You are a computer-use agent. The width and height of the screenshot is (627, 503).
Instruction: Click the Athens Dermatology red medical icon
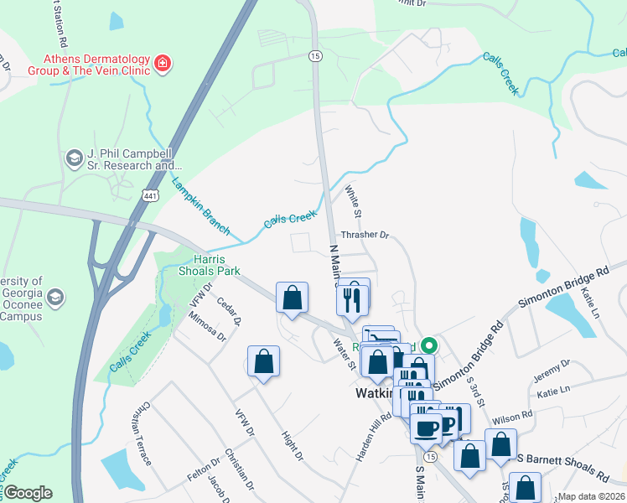point(162,62)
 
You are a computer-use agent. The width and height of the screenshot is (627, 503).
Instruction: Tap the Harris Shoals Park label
point(205,265)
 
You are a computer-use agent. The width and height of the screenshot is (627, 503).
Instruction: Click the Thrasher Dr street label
point(365,236)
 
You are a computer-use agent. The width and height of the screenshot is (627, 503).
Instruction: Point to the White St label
point(352,203)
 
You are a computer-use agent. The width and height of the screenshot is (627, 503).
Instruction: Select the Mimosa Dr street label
point(209,326)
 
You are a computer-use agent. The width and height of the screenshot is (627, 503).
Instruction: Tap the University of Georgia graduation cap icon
point(56,297)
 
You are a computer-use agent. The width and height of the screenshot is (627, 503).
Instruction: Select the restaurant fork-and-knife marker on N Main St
point(353,297)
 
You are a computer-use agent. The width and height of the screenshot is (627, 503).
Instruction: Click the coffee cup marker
point(427,427)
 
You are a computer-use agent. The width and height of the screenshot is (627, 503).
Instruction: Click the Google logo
point(28,493)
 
